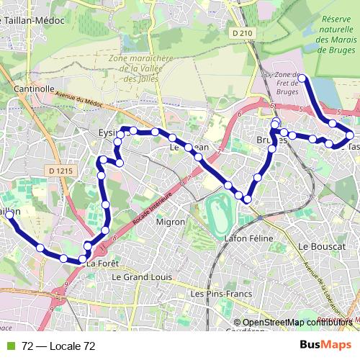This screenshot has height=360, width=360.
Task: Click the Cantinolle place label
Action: pos(35,89)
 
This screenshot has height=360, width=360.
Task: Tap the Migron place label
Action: pos(171,222)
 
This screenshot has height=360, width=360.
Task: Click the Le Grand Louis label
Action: pos(140,276)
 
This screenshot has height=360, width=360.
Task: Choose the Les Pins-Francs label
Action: pos(216,294)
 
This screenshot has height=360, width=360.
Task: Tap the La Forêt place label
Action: pos(102,264)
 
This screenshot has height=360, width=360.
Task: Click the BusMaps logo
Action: pos(326,346)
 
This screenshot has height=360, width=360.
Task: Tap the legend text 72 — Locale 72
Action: pos(58,346)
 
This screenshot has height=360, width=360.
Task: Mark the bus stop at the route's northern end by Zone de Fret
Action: pos(302,78)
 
